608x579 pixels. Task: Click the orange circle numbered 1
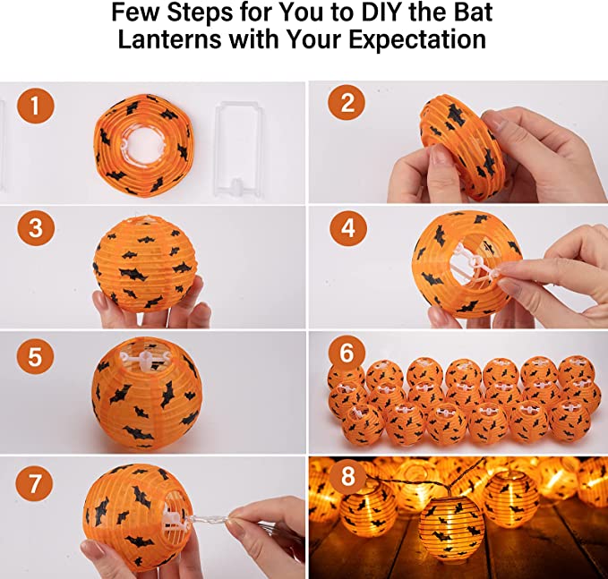point(35,105)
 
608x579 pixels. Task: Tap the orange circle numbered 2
point(347,103)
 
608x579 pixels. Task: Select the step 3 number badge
point(35,227)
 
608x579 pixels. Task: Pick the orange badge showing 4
point(348,228)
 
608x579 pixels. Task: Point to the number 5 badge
point(35,356)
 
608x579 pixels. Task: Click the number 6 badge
point(347,353)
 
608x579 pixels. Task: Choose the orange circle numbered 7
point(35,483)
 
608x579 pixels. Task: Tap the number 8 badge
point(347,476)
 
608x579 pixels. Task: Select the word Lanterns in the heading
point(170,39)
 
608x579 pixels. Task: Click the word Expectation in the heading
point(417,40)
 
